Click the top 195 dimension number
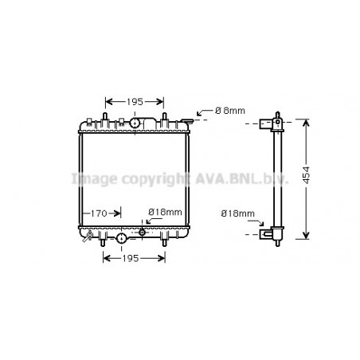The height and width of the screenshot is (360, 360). pyautogui.click(x=135, y=101)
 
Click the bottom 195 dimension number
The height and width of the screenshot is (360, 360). pyautogui.click(x=134, y=260)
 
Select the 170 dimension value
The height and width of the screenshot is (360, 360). pyautogui.click(x=99, y=213)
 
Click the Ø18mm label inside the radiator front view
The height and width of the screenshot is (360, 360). pyautogui.click(x=166, y=212)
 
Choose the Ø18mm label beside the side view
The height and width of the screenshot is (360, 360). pyautogui.click(x=237, y=213)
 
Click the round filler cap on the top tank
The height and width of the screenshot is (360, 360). pyautogui.click(x=135, y=123)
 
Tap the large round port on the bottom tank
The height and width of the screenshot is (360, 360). pyautogui.click(x=121, y=238)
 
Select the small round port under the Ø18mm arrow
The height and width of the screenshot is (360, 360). pyautogui.click(x=142, y=233)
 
